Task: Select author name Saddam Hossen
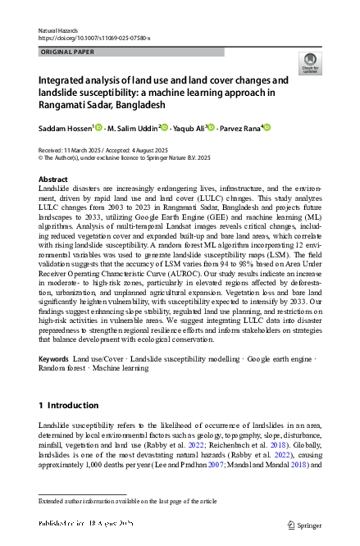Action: [x=65, y=127]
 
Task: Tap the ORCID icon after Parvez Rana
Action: [x=266, y=127]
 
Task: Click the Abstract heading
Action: [x=53, y=178]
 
